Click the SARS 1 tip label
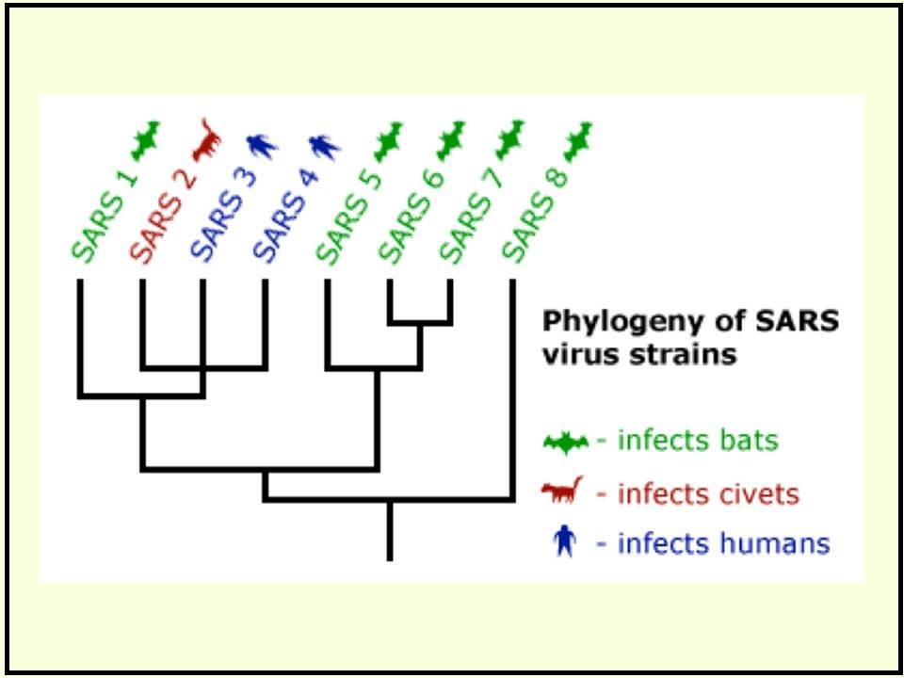(x=105, y=216)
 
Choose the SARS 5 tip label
(x=348, y=216)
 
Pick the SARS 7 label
(x=473, y=216)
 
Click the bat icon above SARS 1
(x=144, y=140)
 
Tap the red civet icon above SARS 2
(x=207, y=140)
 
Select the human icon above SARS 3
(x=263, y=147)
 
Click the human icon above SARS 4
(x=325, y=147)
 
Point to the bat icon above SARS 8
(x=577, y=140)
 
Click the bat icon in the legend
(x=566, y=443)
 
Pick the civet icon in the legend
(x=563, y=492)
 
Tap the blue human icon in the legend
(x=564, y=543)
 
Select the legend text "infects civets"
(x=708, y=494)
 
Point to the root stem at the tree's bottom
(x=390, y=530)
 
